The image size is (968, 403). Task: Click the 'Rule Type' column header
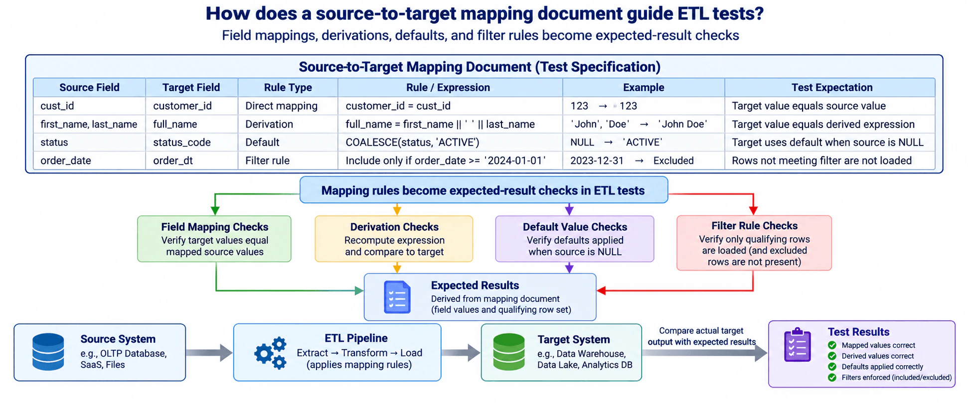point(288,87)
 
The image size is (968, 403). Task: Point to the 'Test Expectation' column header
point(832,87)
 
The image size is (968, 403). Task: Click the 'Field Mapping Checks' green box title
point(214,227)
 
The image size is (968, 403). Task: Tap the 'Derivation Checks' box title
point(394,227)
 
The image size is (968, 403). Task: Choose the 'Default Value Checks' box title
point(575,227)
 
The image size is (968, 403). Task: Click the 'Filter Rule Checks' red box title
point(754,226)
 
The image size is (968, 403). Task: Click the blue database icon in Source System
point(48,352)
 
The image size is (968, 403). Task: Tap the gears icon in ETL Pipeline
point(270,353)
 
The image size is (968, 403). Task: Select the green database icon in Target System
point(508,352)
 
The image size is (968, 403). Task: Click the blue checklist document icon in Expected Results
point(397,297)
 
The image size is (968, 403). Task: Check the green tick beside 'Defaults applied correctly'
point(832,367)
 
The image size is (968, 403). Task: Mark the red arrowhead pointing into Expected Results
point(601,290)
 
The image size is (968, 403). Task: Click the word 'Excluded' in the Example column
point(673,160)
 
